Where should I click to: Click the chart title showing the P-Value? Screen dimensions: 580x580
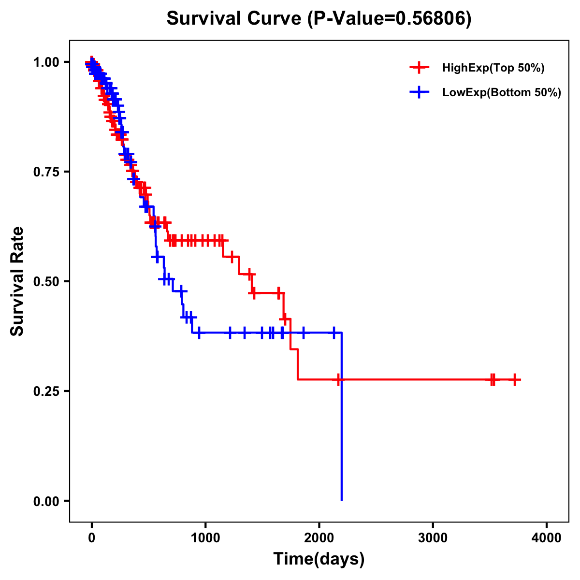[x=319, y=19]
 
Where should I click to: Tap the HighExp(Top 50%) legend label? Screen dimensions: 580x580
[x=493, y=68]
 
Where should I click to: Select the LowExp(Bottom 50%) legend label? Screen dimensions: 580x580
[x=501, y=92]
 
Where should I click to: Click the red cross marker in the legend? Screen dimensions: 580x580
[x=419, y=68]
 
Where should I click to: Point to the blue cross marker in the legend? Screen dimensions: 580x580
[x=419, y=92]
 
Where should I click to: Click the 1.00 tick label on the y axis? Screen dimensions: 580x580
[x=46, y=62]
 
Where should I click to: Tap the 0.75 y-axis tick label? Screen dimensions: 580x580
[x=46, y=172]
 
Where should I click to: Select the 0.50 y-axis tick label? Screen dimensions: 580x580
[x=46, y=282]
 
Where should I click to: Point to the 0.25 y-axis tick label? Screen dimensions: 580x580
[x=46, y=391]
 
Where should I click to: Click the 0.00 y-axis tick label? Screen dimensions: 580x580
[x=46, y=501]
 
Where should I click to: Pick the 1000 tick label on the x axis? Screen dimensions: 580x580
[x=205, y=538]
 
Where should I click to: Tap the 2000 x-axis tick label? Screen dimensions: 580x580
[x=319, y=538]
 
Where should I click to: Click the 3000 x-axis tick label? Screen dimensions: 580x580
[x=433, y=538]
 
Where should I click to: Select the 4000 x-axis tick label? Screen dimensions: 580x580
[x=547, y=538]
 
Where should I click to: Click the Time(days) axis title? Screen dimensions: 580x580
[x=319, y=559]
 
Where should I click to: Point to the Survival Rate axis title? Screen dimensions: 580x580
[x=17, y=281]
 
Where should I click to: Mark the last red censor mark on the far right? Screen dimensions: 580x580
[x=515, y=380]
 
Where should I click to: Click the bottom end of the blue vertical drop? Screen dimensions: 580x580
[x=342, y=500]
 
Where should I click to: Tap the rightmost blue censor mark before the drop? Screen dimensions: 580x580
[x=333, y=333]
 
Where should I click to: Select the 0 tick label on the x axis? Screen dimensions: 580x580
[x=92, y=538]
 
